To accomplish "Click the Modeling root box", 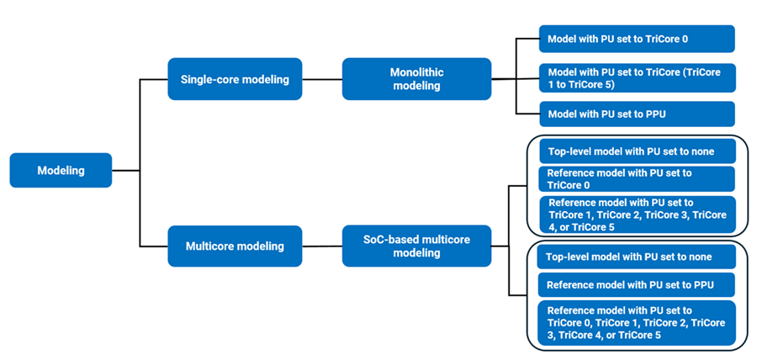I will (61, 170).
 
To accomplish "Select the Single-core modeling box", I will (235, 79).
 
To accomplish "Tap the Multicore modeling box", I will (235, 246).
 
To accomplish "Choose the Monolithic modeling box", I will (416, 79).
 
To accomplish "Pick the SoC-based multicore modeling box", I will (416, 246).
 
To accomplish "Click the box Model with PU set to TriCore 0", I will (637, 39).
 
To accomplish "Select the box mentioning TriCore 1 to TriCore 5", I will (637, 77).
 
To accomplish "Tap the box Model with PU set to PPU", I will (637, 114).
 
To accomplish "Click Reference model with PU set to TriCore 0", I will (637, 178).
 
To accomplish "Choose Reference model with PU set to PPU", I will (637, 284).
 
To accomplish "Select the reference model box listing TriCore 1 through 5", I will (637, 214).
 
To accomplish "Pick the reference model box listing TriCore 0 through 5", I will (637, 323).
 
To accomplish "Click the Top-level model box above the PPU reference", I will (637, 257).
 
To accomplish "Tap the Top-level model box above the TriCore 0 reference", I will (637, 151).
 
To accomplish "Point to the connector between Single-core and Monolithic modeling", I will (322, 80).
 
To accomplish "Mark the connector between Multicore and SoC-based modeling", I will (322, 246).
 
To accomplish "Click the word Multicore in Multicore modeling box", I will (212, 246).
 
